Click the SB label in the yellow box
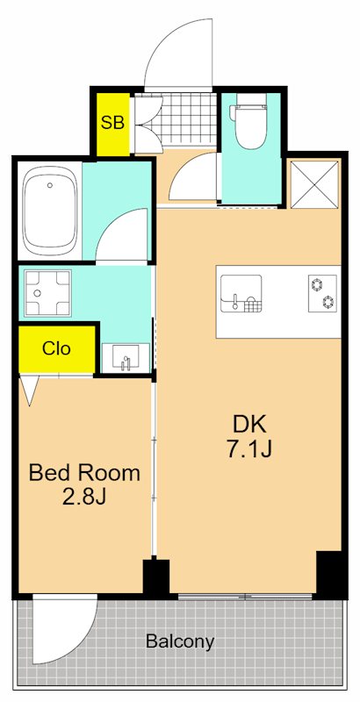click(112, 122)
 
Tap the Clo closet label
click(56, 347)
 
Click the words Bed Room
click(84, 473)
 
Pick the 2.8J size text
click(83, 498)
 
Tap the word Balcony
click(180, 641)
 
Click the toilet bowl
click(251, 120)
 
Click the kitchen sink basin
click(241, 293)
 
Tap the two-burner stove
click(322, 293)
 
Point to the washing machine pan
click(47, 293)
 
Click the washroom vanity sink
click(126, 358)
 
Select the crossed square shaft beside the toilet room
click(314, 184)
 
